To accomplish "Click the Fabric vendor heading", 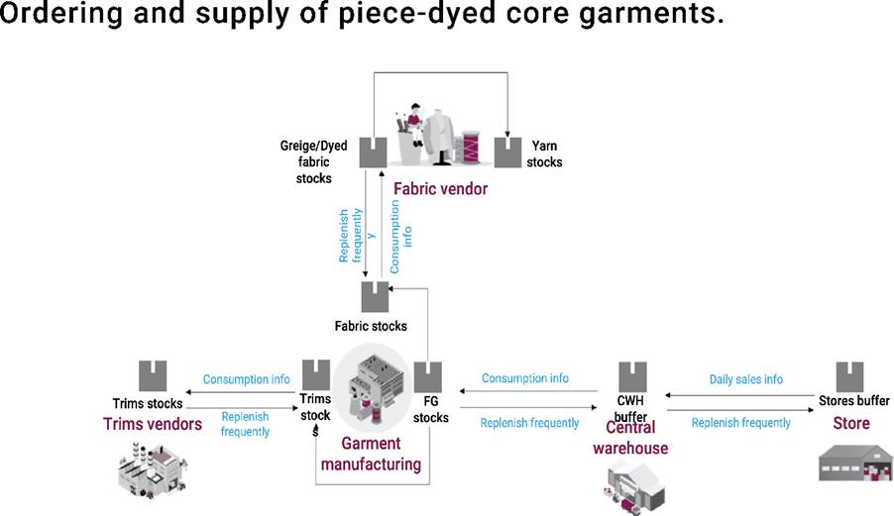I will click(x=440, y=188).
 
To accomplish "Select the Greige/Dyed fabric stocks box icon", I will click(x=373, y=153).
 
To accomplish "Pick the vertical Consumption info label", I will click(x=399, y=237).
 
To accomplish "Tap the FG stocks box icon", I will click(x=427, y=375).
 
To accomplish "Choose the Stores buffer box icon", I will click(x=849, y=376).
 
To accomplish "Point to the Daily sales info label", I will click(x=745, y=379).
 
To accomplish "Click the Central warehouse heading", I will click(x=630, y=438).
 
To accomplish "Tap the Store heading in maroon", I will click(x=850, y=423).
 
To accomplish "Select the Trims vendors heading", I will click(x=152, y=424).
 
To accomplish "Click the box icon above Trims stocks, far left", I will click(x=153, y=375).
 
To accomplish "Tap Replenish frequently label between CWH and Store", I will click(x=740, y=423).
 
